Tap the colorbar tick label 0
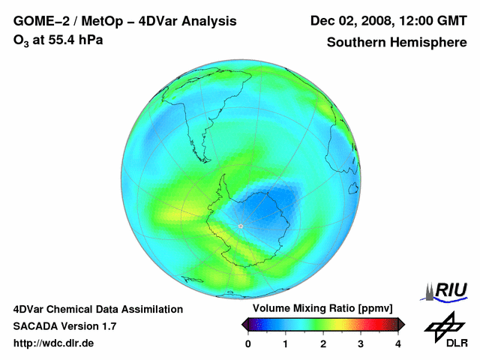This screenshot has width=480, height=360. [x=248, y=343]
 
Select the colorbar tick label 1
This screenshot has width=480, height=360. [x=286, y=343]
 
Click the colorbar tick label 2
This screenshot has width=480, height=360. [x=323, y=343]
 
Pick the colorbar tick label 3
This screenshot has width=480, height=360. [x=361, y=343]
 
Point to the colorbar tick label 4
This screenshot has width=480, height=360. [x=398, y=343]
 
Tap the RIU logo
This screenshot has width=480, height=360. [x=447, y=290]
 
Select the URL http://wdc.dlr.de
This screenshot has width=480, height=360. [x=54, y=343]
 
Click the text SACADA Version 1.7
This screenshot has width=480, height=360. [x=64, y=326]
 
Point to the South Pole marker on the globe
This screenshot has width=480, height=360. [x=240, y=226]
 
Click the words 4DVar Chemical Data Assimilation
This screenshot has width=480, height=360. [x=98, y=309]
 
